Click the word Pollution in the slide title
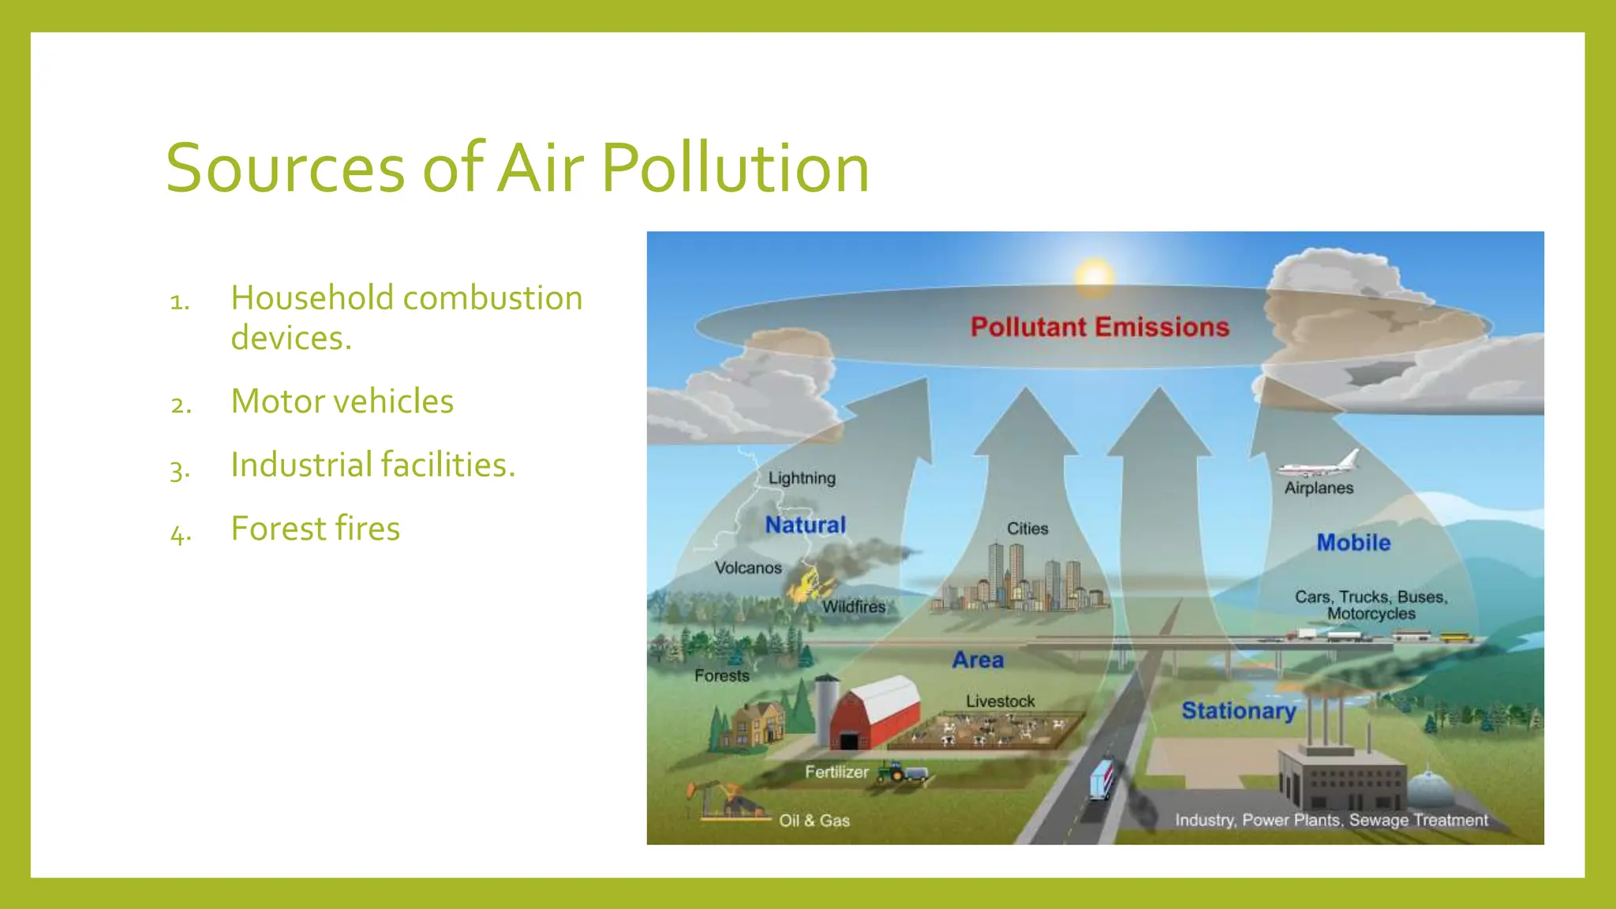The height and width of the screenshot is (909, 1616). (x=735, y=168)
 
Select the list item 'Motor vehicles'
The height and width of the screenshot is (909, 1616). (x=342, y=402)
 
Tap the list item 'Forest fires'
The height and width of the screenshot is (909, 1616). (x=315, y=529)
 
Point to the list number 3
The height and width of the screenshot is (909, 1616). (x=180, y=469)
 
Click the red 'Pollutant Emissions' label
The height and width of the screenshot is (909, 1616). (x=1099, y=327)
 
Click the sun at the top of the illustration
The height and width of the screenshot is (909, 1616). (x=1094, y=276)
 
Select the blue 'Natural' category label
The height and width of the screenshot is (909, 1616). (x=805, y=525)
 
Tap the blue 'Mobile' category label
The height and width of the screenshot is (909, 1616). (x=1353, y=543)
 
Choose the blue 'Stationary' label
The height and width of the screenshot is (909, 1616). (x=1238, y=710)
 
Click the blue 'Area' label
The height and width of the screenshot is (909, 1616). (x=978, y=660)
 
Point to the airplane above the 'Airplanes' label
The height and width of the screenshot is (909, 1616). (x=1320, y=465)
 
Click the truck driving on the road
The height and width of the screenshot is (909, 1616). (x=1102, y=779)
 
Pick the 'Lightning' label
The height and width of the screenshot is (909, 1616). (x=802, y=478)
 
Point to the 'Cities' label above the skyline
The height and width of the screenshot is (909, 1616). (x=1027, y=529)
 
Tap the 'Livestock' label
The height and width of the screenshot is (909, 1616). (x=1000, y=701)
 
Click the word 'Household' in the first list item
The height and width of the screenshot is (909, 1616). (x=312, y=298)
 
